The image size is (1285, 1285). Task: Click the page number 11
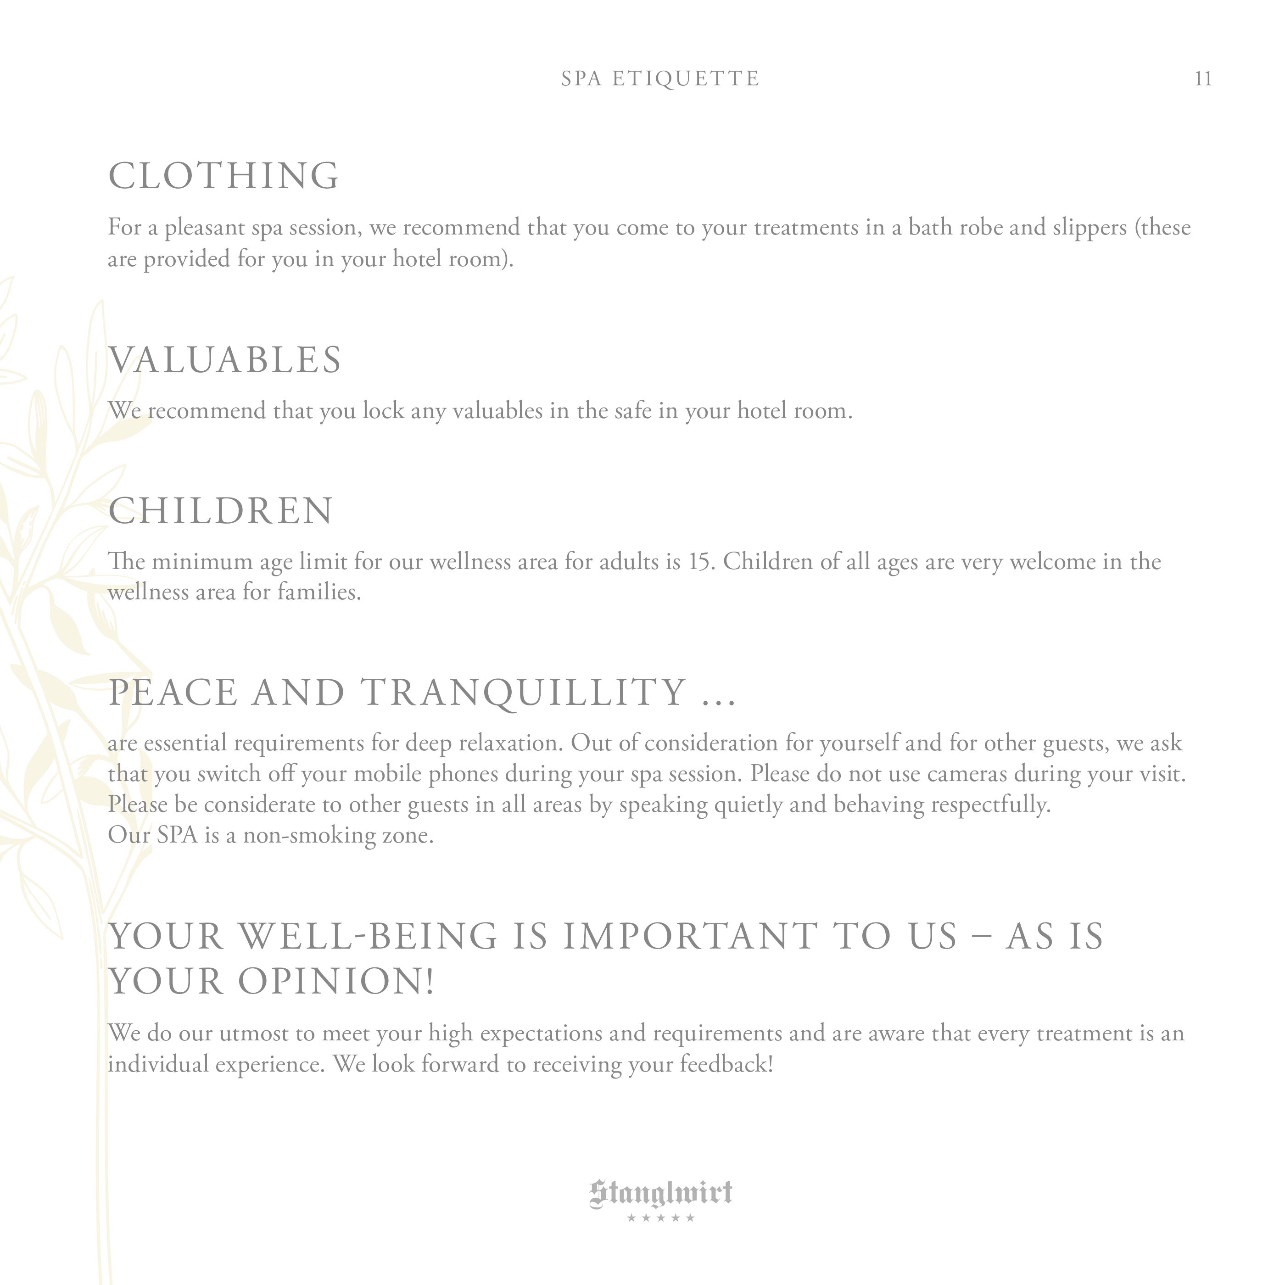[1202, 79]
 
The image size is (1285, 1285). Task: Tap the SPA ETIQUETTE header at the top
[660, 79]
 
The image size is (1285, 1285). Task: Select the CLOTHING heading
[223, 176]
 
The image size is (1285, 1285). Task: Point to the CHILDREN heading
[220, 511]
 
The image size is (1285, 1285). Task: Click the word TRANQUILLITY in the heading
[524, 693]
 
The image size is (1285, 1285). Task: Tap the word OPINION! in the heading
[336, 982]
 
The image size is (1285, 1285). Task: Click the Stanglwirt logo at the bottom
[660, 1193]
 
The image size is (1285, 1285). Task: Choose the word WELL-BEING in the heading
[369, 937]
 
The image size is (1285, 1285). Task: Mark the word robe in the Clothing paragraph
[981, 228]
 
